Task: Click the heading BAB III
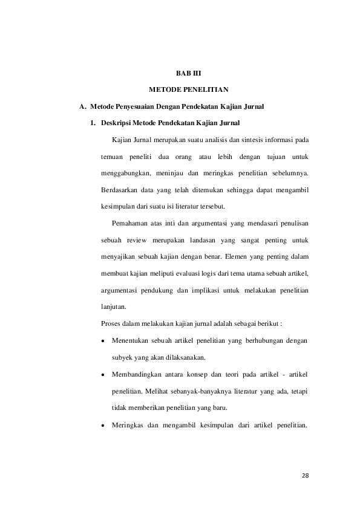(x=188, y=74)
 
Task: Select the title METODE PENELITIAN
(x=188, y=90)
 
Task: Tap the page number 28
(x=305, y=475)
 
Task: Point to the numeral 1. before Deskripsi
(x=93, y=124)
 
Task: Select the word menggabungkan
(x=125, y=174)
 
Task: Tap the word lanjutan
(x=114, y=307)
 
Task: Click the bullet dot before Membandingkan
(x=103, y=375)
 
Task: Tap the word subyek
(x=123, y=357)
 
